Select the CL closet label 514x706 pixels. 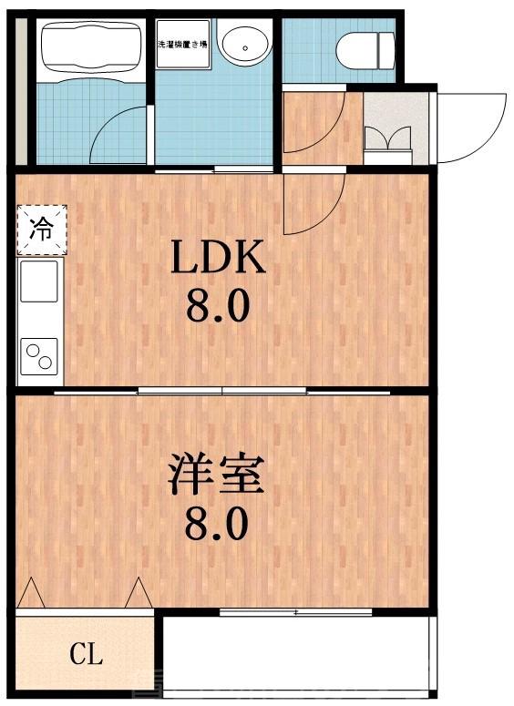point(87,653)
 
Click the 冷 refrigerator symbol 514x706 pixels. point(41,228)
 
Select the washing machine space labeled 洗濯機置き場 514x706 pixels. point(181,44)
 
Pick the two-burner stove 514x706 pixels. point(39,354)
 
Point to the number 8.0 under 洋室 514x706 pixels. point(217,525)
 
